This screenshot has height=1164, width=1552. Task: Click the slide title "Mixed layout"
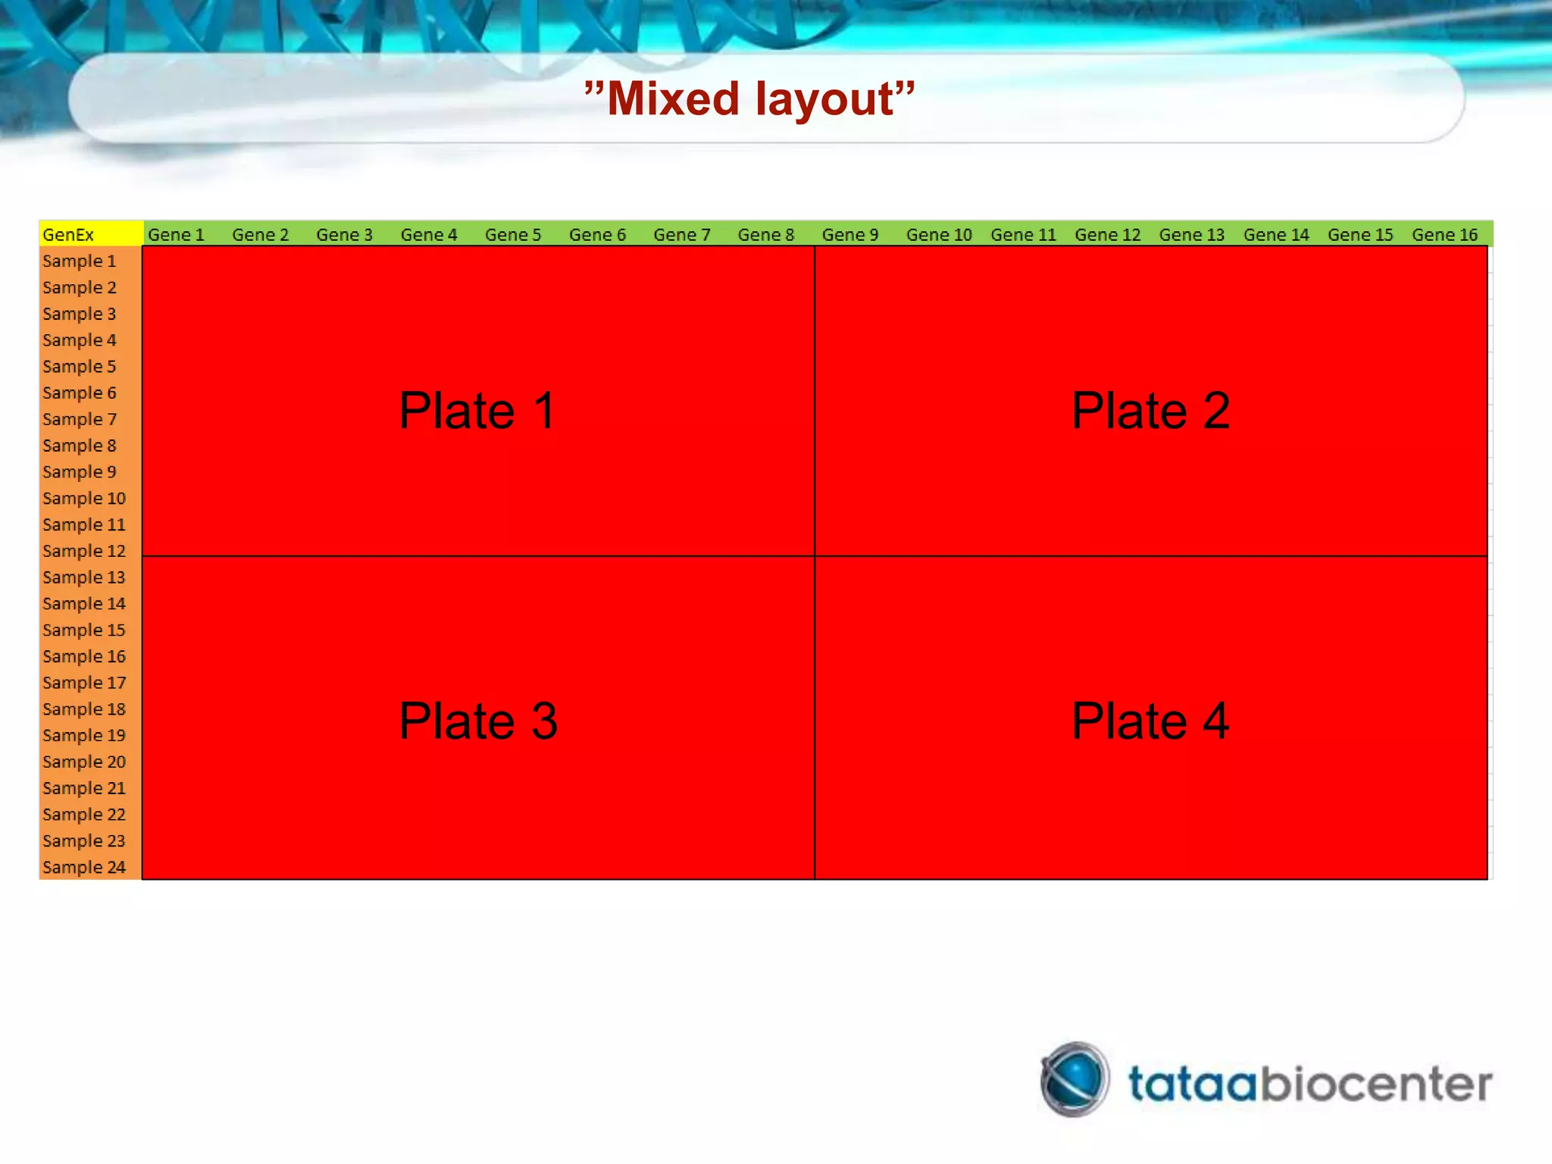(749, 99)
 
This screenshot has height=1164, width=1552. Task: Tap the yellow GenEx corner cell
(90, 234)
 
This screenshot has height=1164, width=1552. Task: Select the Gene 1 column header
(176, 235)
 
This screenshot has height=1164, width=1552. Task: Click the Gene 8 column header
(766, 235)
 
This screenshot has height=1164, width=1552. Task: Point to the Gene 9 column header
(850, 235)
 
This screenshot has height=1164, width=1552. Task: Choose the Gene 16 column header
(1444, 235)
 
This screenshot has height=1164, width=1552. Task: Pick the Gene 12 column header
(1107, 235)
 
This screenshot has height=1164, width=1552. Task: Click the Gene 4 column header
(429, 235)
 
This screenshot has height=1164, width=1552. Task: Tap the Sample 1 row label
(80, 261)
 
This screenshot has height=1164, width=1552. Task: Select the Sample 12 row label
(84, 551)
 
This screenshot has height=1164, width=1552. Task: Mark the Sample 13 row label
(84, 577)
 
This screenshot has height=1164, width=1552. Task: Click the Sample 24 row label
(84, 867)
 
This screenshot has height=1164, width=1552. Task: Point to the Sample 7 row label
(80, 419)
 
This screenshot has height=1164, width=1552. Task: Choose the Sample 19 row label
(84, 735)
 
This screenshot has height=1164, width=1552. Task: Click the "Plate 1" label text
(477, 411)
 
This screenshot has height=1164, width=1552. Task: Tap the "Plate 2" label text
(1150, 411)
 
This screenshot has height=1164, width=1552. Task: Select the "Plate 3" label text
(478, 721)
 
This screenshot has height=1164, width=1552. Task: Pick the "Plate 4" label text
(1150, 721)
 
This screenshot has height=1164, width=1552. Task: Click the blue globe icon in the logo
(1075, 1079)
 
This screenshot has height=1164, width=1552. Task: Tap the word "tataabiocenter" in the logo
(1309, 1084)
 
